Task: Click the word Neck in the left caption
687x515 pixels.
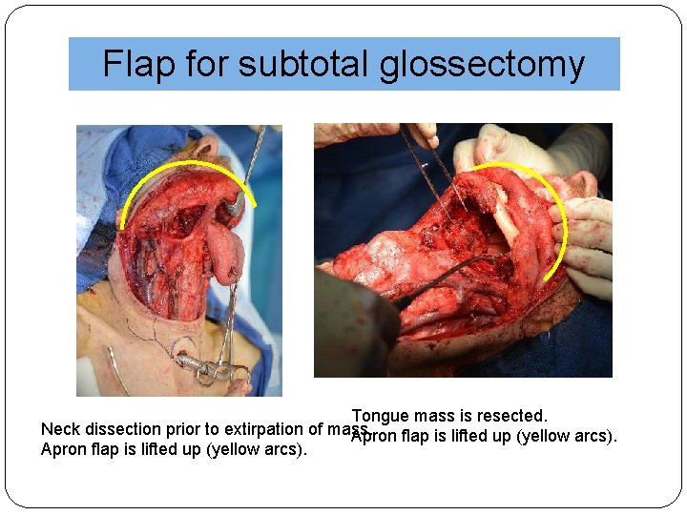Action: (x=60, y=429)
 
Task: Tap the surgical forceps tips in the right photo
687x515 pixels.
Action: (x=448, y=196)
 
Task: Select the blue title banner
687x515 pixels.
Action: (x=343, y=64)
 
